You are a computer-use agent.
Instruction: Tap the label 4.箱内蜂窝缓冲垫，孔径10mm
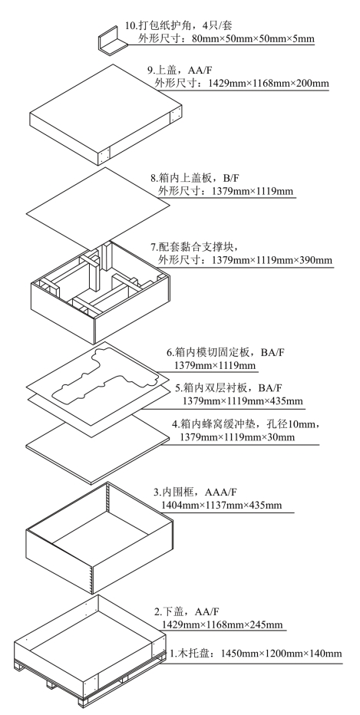point(243,424)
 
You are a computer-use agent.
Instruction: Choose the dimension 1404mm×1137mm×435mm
point(221,506)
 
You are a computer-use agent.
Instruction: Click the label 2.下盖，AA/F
point(187,611)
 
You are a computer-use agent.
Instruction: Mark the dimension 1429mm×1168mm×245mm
point(222,624)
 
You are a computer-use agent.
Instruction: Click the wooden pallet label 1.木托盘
point(190,654)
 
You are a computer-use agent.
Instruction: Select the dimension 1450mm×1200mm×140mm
point(281,654)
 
